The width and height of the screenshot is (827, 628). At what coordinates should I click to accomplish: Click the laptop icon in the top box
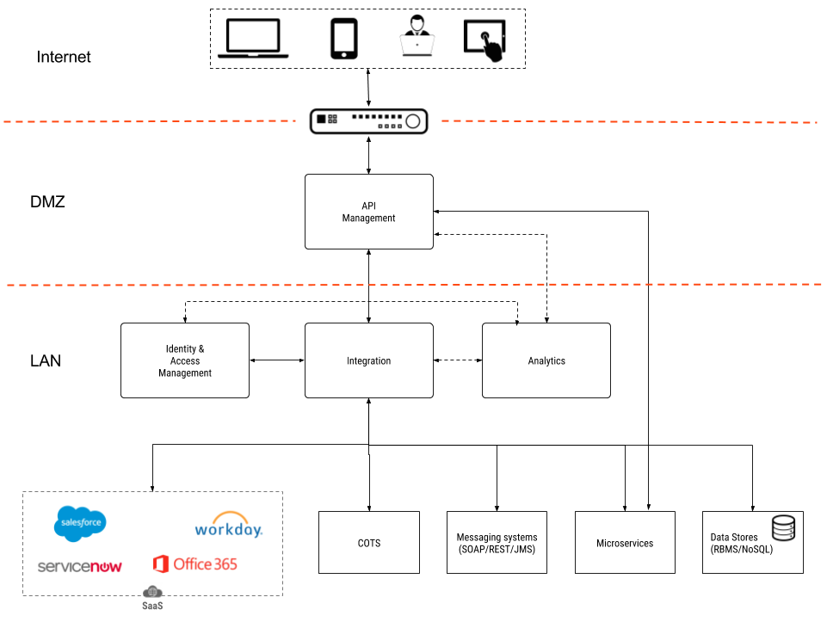(253, 40)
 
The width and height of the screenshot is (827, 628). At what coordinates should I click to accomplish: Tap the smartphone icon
(344, 40)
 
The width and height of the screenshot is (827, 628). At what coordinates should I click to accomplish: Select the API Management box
(369, 212)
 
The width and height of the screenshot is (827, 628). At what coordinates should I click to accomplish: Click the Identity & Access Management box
(185, 360)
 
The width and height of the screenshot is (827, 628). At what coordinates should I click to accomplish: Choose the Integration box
(369, 360)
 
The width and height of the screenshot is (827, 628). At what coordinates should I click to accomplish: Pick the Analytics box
(546, 360)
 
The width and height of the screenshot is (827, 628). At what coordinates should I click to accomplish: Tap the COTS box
(369, 543)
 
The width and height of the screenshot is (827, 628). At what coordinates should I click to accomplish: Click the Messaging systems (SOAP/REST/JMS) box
(497, 543)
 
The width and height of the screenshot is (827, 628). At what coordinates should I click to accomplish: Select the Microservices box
(625, 543)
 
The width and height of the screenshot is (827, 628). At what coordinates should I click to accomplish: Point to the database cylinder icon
(783, 527)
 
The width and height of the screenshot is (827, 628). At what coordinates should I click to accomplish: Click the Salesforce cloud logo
(81, 523)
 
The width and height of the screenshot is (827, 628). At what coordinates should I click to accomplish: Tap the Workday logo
(228, 526)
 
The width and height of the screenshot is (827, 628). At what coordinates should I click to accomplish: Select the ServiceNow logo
(80, 567)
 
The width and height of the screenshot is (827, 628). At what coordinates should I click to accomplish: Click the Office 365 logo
(195, 564)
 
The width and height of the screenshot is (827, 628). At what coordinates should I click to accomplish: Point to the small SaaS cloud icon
(153, 592)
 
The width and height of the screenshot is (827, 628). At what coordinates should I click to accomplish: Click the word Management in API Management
(369, 219)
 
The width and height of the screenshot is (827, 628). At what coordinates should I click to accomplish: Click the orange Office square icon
(160, 564)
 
